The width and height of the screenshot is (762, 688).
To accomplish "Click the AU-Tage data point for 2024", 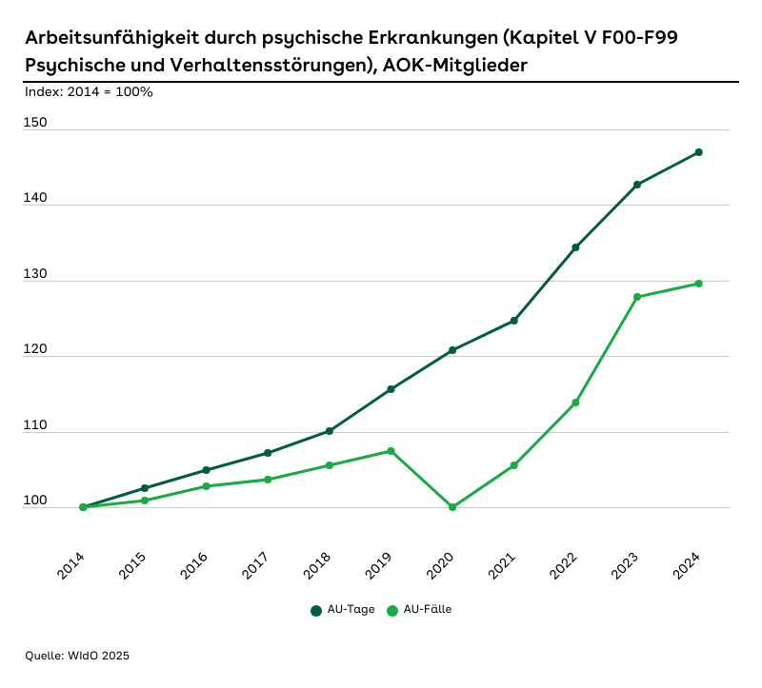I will coord(698,152).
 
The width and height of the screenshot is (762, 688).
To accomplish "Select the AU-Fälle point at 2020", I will coord(452,507).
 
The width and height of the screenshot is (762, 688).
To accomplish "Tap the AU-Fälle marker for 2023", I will coord(637,297).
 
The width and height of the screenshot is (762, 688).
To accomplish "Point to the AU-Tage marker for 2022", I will coord(575,247).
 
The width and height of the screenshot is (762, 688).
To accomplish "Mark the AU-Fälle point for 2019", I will coord(391,451).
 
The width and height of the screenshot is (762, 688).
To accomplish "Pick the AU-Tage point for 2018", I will coord(330,431).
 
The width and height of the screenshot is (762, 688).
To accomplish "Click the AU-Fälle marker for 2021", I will coord(513,465).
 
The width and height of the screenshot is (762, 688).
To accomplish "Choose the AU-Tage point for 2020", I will coord(452,350).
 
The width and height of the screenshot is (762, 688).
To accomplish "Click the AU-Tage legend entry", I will coord(342,610).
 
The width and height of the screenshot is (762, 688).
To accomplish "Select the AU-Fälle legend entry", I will coord(419,610).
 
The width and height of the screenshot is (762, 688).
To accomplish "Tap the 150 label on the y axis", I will coord(36,124).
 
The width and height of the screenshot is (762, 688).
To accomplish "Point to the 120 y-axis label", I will coord(36,350).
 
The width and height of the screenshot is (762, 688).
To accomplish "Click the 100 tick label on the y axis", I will coord(36,501).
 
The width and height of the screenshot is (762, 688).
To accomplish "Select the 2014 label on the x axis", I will coord(71,567).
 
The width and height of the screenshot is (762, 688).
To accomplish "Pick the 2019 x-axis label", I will coord(379,567).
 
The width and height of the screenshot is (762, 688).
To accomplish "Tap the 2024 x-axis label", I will coord(687,567).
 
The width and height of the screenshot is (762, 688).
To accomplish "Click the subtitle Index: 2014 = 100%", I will coord(90,92).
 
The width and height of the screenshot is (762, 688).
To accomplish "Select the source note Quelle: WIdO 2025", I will coord(77,656).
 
